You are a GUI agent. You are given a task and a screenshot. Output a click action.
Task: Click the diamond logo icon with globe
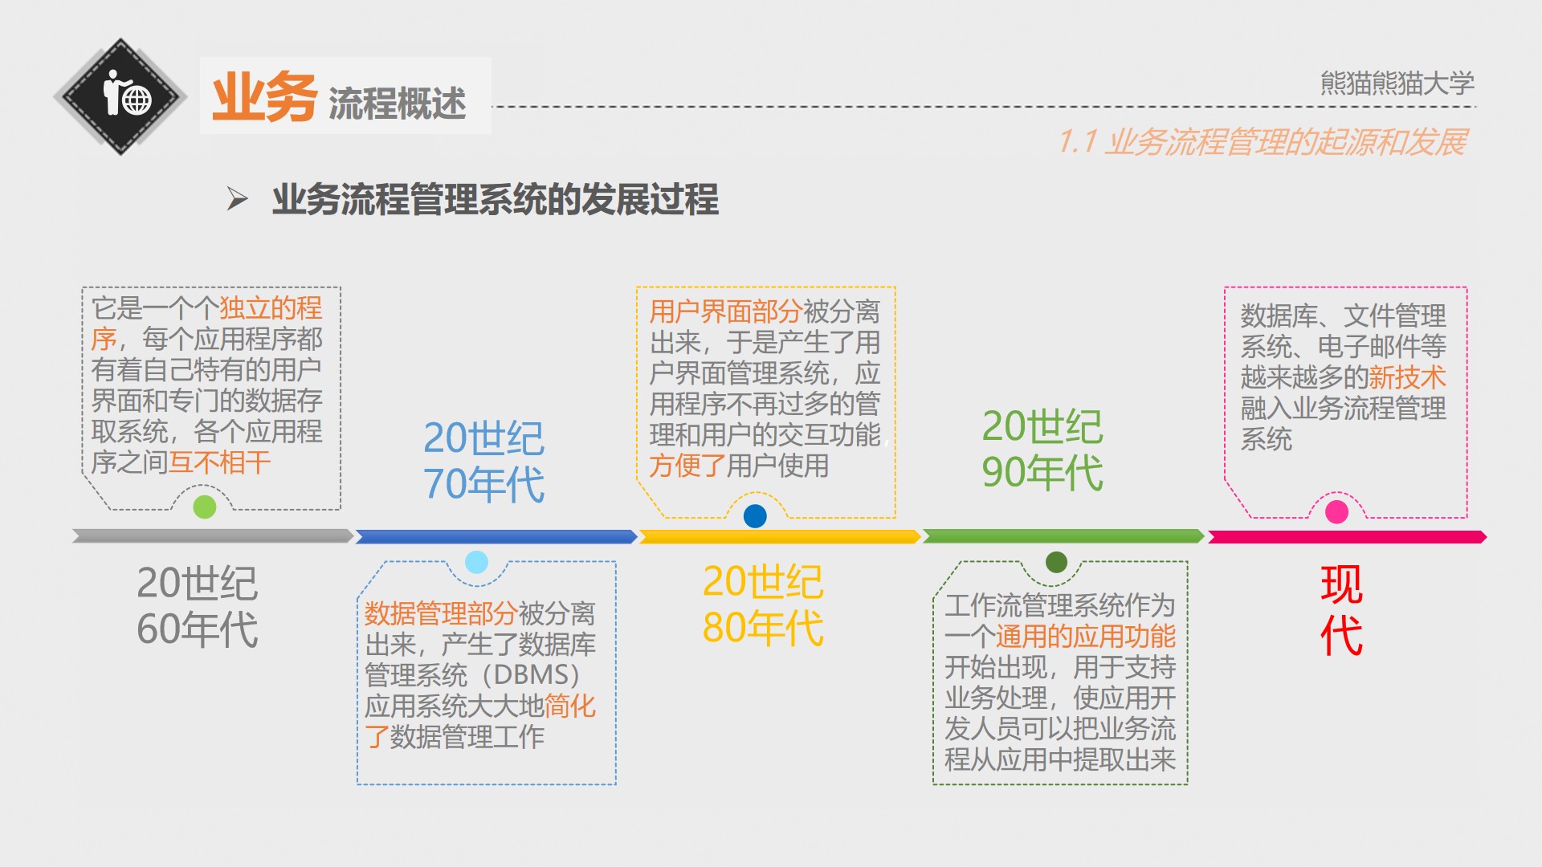pos(120,97)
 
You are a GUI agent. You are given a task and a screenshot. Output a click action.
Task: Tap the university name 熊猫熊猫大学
pos(1397,83)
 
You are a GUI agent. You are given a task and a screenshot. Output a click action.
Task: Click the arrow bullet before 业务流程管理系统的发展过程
pos(237,198)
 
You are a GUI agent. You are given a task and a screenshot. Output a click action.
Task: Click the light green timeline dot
pos(205,507)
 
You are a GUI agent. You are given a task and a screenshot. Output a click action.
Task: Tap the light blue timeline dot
pos(476,562)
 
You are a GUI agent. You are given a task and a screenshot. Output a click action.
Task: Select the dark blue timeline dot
pos(755,515)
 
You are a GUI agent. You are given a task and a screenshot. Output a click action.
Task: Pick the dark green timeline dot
pos(1056,562)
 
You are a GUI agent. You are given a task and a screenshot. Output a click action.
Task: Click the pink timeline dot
pos(1336,511)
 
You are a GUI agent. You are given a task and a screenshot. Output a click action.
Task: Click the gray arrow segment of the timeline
pos(212,535)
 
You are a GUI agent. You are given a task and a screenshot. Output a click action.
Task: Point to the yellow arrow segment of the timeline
pos(779,536)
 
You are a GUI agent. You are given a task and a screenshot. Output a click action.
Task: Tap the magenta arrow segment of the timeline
pos(1346,536)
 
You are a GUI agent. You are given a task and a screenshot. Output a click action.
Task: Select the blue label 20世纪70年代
pos(483,461)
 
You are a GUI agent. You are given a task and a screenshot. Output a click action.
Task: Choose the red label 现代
pos(1340,609)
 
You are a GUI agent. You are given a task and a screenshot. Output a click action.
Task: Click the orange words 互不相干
pos(219,462)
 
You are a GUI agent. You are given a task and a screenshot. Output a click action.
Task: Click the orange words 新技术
pos(1407,377)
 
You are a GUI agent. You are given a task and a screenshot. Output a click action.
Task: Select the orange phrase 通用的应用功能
pos(1085,637)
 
